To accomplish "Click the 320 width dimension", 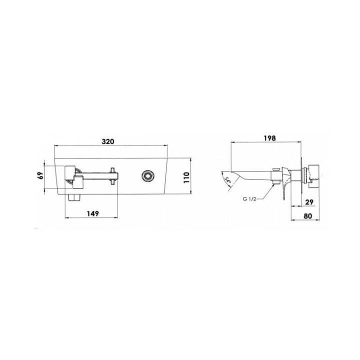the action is click(107, 141).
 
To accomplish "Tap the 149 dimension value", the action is click(93, 213).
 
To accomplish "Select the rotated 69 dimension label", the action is click(41, 175).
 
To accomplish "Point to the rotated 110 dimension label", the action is click(186, 177).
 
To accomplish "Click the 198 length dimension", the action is click(269, 138).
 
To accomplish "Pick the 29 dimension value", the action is click(309, 202).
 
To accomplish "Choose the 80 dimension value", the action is click(308, 216).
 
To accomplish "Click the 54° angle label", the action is click(228, 180).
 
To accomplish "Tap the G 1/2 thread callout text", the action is click(249, 199).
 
